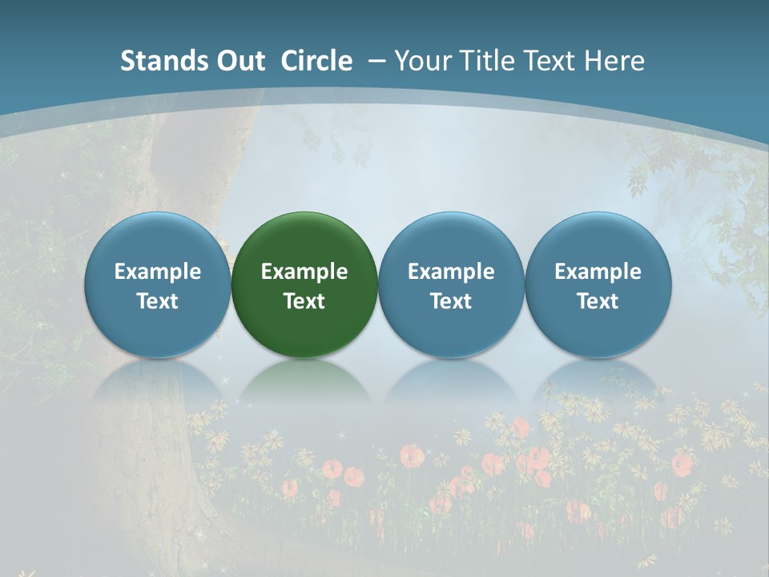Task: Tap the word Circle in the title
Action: click(316, 61)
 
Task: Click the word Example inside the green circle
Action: click(304, 272)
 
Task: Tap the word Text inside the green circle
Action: click(304, 301)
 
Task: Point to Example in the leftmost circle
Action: click(157, 272)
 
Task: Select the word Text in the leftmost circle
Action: click(157, 301)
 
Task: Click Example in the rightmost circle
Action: click(598, 272)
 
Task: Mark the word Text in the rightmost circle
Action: click(598, 301)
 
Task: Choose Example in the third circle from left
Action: click(451, 272)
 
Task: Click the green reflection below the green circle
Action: click(304, 381)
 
